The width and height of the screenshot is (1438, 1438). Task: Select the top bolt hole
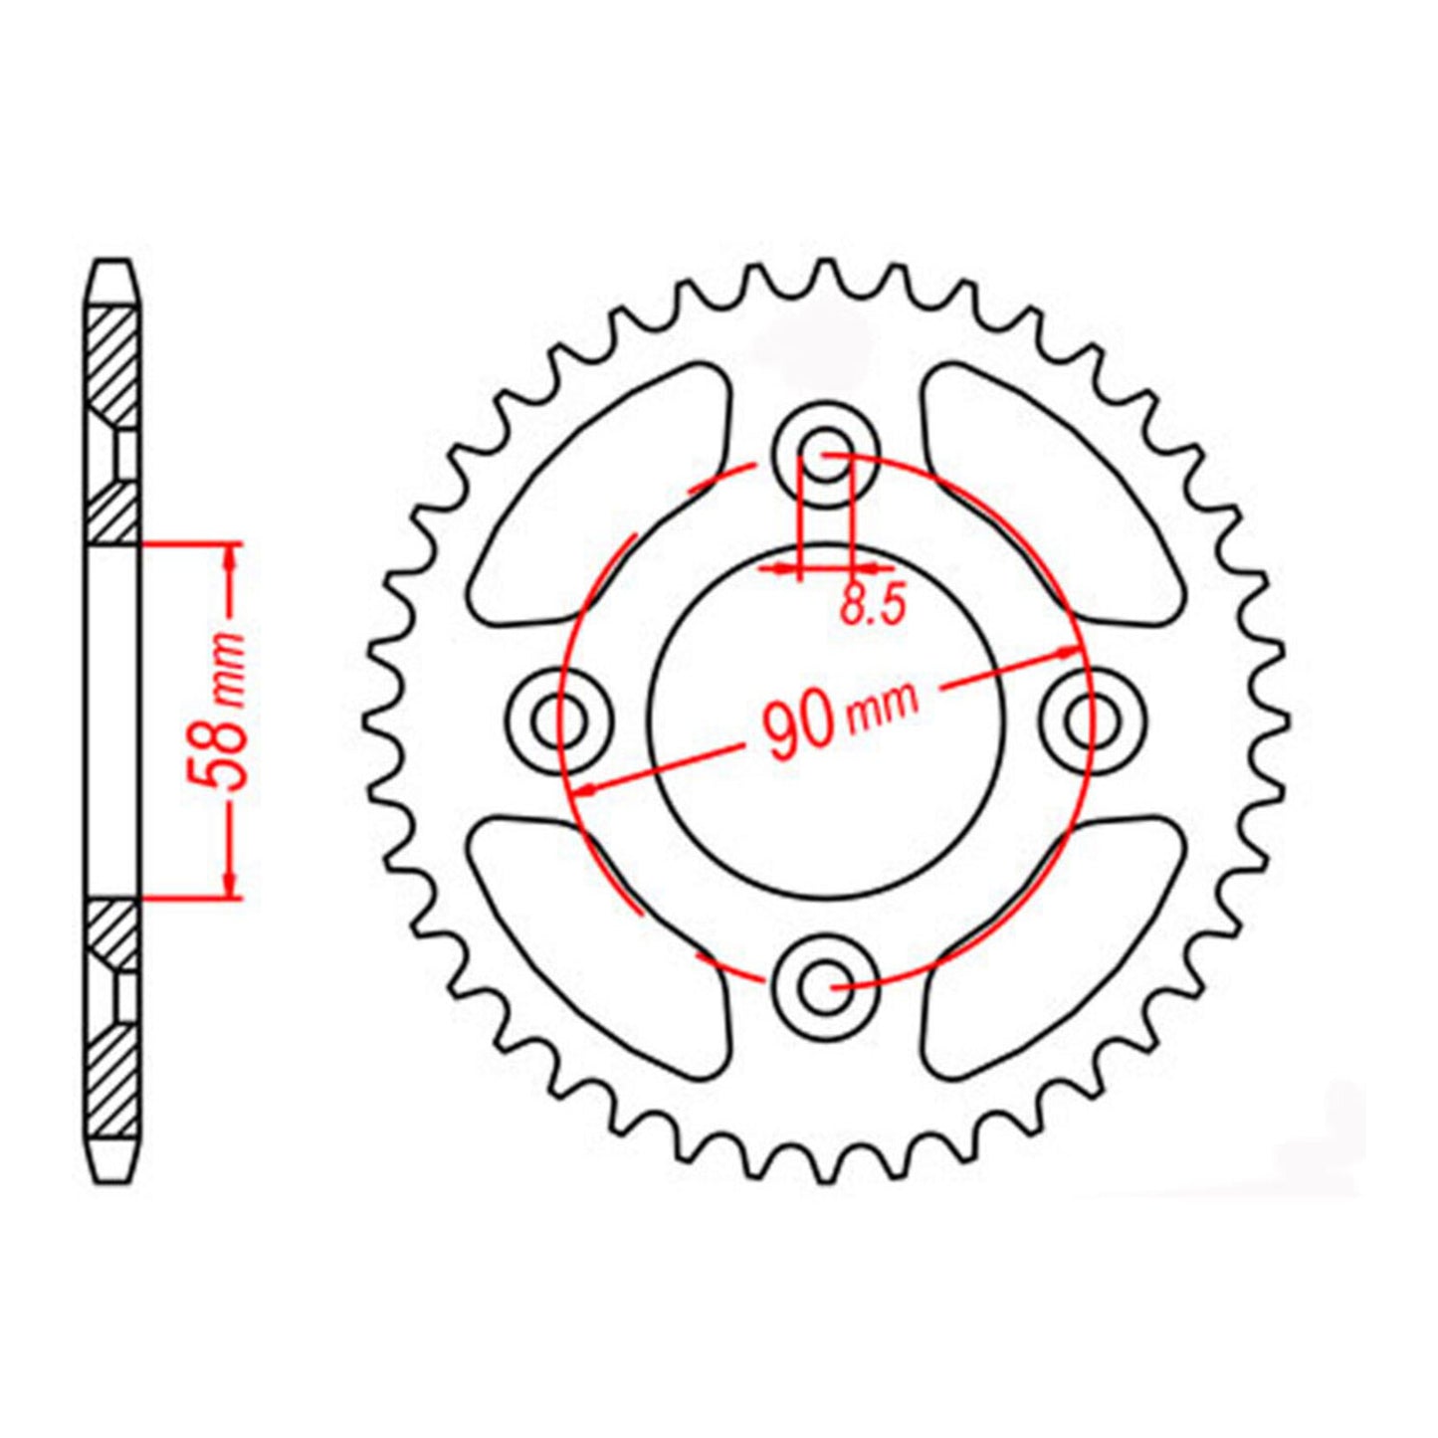point(825,454)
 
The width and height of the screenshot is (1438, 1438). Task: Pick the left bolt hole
point(557,720)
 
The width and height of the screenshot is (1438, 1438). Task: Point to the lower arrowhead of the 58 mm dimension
point(231,884)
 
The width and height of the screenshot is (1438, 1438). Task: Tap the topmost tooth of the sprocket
point(824,273)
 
